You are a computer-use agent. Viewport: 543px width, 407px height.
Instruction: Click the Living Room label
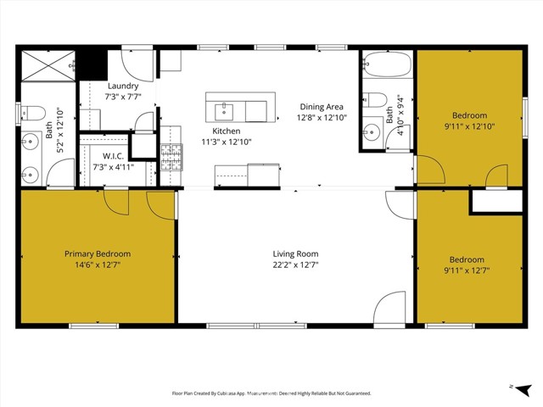click(295, 254)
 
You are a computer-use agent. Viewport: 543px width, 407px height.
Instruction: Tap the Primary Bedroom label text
click(98, 254)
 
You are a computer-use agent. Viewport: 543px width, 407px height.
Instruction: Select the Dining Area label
click(322, 106)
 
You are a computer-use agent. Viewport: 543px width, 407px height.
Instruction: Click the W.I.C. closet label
click(114, 155)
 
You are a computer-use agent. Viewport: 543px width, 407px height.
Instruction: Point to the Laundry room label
click(123, 86)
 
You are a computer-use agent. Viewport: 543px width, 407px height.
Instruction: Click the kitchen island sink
click(226, 109)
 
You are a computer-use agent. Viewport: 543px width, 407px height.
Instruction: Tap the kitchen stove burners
click(171, 154)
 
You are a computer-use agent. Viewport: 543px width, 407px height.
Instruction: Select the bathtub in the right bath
click(387, 65)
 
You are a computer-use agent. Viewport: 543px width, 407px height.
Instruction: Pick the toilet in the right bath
click(374, 100)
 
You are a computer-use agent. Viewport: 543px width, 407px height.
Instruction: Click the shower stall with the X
click(48, 64)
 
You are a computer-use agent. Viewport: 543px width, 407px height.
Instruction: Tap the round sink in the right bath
click(371, 131)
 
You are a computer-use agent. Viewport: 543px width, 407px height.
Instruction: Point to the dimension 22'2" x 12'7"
click(295, 265)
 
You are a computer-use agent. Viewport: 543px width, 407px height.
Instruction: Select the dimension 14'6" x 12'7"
click(98, 265)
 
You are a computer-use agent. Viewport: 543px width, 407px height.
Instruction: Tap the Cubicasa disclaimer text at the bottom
click(271, 393)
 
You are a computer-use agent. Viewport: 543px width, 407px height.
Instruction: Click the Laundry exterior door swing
click(137, 64)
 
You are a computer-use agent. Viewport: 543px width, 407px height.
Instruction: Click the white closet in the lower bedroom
click(496, 202)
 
